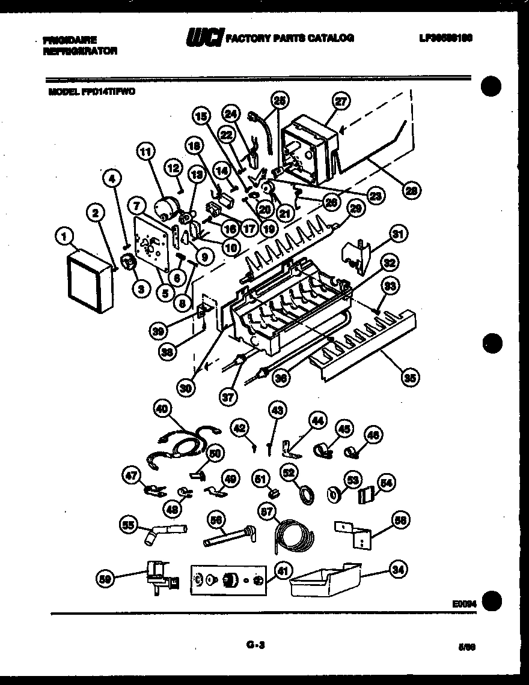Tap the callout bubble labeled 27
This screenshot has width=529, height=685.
coord(341,102)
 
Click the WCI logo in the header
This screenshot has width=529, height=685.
coord(204,38)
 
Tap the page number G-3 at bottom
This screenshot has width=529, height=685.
coord(255,645)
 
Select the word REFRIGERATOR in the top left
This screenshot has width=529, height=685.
coord(80,51)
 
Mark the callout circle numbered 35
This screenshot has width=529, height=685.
coord(411,378)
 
